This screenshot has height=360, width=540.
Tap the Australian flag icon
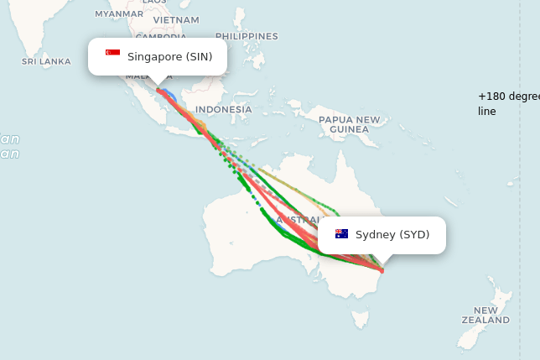pos(341,234)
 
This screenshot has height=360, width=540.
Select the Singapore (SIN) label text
pos(170,56)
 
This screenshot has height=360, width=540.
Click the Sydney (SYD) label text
pos(392,234)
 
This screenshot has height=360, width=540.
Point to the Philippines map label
pos(247,36)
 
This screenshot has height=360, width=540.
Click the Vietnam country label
pos(176,19)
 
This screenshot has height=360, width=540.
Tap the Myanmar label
pos(118,13)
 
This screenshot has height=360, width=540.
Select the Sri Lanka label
pos(46,61)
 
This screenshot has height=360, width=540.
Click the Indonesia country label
pos(223,109)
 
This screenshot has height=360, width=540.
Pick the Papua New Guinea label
pos(349,124)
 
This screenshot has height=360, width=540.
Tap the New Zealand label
pos(485,316)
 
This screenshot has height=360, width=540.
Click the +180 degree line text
pos(507,103)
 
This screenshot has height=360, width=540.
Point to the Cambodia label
pos(161,37)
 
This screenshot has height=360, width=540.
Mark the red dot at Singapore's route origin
pos(158,90)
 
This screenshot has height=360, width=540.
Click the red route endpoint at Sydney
pos(382,270)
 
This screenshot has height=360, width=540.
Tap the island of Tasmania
pos(360,319)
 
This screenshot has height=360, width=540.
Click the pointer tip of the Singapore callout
pos(158,85)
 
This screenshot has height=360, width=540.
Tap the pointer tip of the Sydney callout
pos(382,264)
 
